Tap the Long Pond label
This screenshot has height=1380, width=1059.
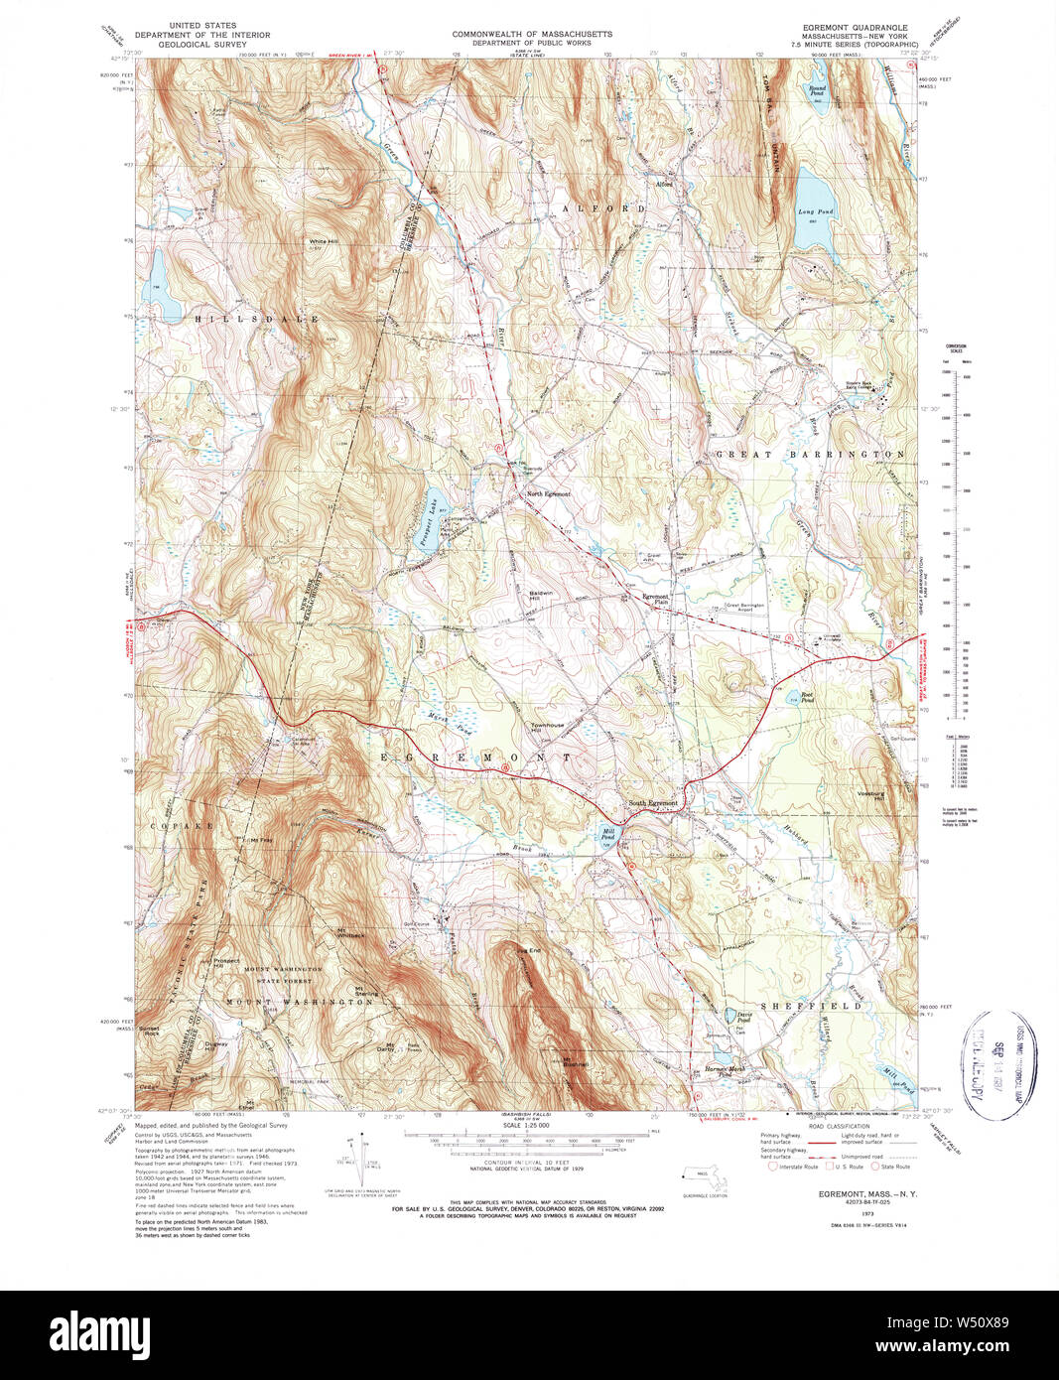click(815, 212)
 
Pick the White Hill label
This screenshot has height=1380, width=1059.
click(324, 241)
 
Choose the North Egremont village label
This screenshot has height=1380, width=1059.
click(548, 493)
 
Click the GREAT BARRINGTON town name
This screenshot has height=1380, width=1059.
click(810, 454)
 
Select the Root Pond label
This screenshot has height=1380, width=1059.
click(807, 696)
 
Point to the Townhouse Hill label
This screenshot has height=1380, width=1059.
click(546, 728)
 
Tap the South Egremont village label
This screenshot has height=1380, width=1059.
click(652, 802)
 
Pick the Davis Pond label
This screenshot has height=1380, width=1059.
click(742, 1018)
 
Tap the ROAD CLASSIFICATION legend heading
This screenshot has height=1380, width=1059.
click(839, 1126)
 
